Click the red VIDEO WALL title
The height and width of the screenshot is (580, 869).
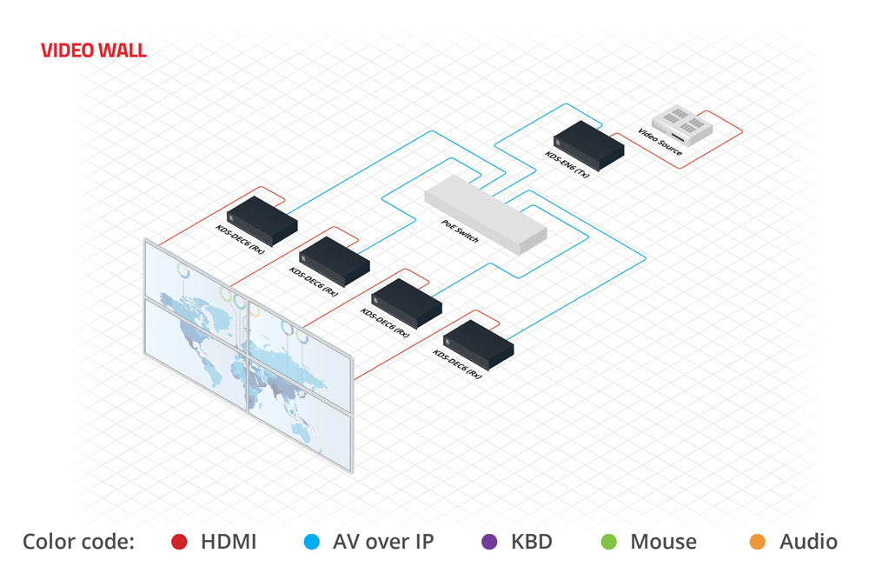coord(94,50)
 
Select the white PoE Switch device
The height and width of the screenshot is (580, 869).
coord(485,213)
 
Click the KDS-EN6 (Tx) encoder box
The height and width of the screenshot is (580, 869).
coord(589,144)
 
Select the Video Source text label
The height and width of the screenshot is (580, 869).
coord(660,144)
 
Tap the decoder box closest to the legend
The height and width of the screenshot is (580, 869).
coord(478,344)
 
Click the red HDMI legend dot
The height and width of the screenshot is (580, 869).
coord(178,542)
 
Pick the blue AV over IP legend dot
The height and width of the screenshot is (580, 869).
coord(310,542)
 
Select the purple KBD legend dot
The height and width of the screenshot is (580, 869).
coord(488,542)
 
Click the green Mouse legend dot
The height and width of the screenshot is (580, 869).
coord(608,542)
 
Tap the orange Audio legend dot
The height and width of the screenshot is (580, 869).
coord(757,542)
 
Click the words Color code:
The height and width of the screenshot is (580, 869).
coord(78,542)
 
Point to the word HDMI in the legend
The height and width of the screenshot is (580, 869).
coord(229,542)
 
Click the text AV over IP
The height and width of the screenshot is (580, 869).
coord(383,542)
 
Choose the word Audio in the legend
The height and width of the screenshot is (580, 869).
coord(808,542)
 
